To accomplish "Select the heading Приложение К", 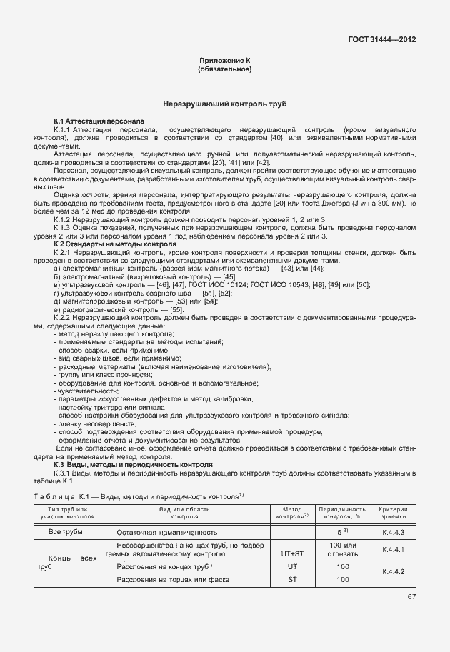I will tap(224, 62).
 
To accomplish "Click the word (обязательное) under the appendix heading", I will tap(224, 70).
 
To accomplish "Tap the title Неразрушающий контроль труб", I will tap(224, 104).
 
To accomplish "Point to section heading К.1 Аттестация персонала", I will tap(99, 122).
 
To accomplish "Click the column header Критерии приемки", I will tap(393, 512).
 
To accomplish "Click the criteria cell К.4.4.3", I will tap(393, 533).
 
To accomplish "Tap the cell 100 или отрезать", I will tap(342, 549).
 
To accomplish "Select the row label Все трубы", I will tap(65, 533).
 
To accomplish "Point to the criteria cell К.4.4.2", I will tap(393, 573).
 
